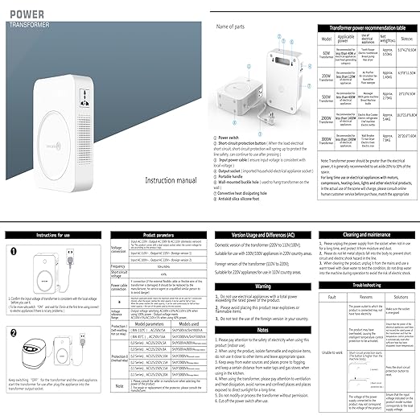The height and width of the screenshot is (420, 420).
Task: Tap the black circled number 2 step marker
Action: pyautogui.click(x=14, y=332)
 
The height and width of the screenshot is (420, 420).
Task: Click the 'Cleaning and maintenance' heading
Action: pyautogui.click(x=366, y=234)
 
